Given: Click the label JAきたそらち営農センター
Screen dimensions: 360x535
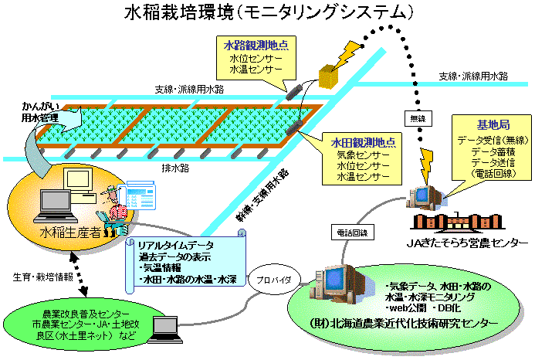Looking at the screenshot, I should point(469,243).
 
